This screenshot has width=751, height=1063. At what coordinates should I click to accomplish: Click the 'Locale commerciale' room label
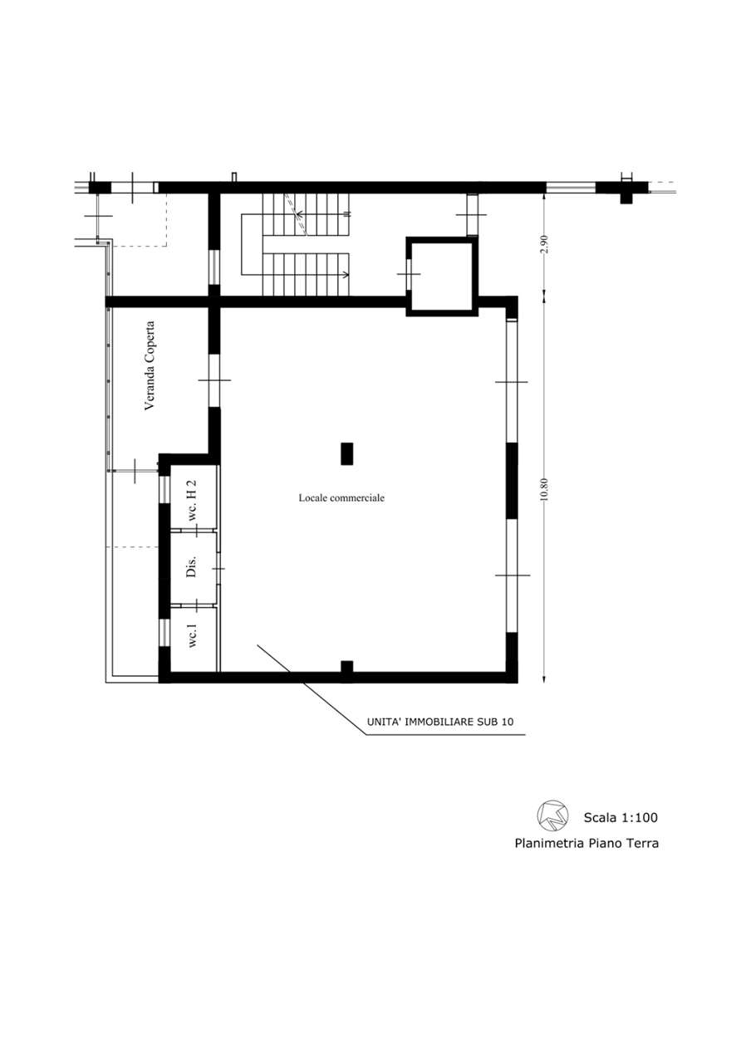pyautogui.click(x=341, y=497)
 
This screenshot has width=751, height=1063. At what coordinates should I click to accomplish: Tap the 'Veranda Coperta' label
pyautogui.click(x=150, y=366)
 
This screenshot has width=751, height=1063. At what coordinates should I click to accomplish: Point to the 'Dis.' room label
pyautogui.click(x=191, y=566)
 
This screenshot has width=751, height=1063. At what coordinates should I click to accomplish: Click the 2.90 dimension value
pyautogui.click(x=544, y=244)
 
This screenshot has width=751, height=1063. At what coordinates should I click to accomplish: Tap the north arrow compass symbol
pyautogui.click(x=553, y=816)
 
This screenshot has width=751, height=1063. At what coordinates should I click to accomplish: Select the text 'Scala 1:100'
pyautogui.click(x=621, y=817)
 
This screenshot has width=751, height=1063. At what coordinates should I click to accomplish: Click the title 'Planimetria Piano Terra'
pyautogui.click(x=587, y=843)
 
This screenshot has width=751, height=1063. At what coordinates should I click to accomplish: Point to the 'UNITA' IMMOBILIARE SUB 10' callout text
pyautogui.click(x=440, y=722)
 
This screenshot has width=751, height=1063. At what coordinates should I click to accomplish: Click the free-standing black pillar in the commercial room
pyautogui.click(x=347, y=453)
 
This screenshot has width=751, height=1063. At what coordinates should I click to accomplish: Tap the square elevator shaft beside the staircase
pyautogui.click(x=442, y=277)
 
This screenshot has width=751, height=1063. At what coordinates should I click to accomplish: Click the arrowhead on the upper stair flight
pyautogui.click(x=298, y=214)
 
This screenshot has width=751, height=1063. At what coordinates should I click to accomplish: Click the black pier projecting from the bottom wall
pyautogui.click(x=347, y=666)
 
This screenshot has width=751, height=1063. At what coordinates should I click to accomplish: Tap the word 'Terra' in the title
pyautogui.click(x=643, y=843)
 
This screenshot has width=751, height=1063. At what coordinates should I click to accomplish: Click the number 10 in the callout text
pyautogui.click(x=508, y=722)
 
